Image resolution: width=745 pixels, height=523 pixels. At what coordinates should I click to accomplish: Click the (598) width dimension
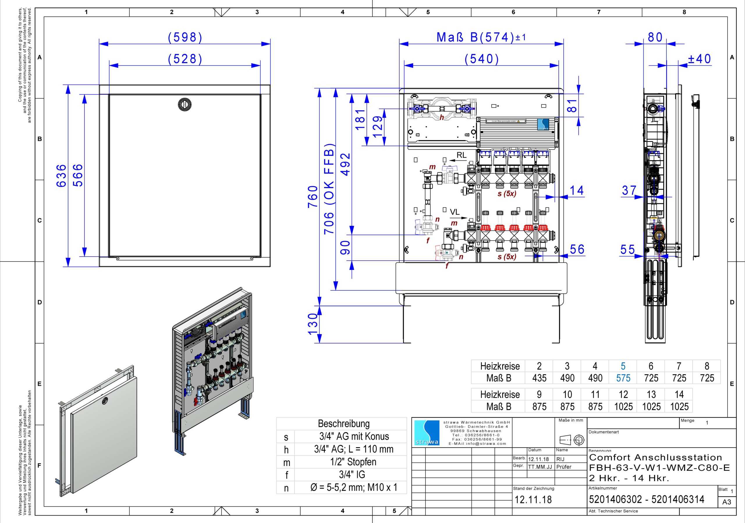[185, 38]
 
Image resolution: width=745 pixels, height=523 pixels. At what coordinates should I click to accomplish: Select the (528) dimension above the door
[185, 59]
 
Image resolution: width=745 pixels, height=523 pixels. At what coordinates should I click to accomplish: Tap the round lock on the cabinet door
[185, 104]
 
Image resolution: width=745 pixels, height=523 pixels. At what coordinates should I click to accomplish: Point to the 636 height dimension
[61, 175]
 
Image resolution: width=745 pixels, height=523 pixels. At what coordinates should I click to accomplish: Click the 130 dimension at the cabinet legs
[313, 324]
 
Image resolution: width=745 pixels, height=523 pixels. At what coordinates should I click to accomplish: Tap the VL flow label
[455, 212]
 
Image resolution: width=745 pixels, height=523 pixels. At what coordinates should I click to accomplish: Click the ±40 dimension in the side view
[700, 59]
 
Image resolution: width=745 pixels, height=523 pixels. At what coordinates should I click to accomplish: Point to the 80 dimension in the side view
[655, 38]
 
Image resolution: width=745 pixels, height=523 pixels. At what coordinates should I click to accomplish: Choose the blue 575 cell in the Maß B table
[623, 378]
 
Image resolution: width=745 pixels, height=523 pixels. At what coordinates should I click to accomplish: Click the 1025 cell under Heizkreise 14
[679, 406]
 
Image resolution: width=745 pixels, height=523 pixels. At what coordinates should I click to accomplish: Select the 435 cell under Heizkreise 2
[539, 378]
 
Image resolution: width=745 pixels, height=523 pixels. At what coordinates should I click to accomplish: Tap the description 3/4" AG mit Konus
[354, 436]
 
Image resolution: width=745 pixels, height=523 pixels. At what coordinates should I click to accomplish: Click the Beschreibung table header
[344, 424]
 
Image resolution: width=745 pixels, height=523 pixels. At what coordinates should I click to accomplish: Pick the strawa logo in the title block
[427, 433]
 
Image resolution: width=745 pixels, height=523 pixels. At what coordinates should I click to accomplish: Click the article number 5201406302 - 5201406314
[646, 499]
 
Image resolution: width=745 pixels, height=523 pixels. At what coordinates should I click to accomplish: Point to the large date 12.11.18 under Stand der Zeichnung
[533, 499]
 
